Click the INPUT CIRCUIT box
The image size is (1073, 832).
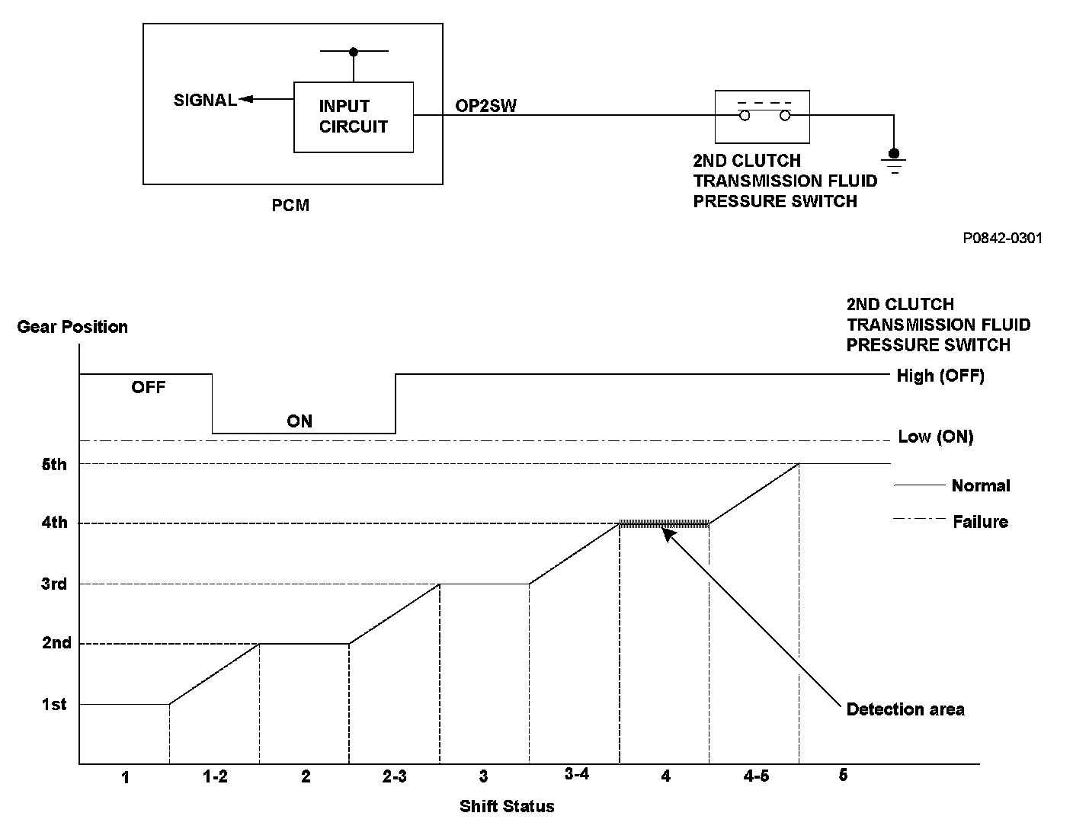[x=354, y=117]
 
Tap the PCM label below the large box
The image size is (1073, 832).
[x=290, y=206]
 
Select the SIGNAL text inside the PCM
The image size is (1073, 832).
[x=205, y=100]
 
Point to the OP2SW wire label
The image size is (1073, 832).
[x=485, y=106]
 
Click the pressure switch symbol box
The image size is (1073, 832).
[x=761, y=117]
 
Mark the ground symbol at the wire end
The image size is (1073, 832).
[x=894, y=162]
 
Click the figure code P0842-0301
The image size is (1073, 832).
[x=1002, y=238]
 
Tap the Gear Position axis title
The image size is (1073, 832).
[x=72, y=327]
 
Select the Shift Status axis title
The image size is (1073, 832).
[x=507, y=806]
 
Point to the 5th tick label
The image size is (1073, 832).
[x=54, y=464]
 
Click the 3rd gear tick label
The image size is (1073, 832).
[x=54, y=584]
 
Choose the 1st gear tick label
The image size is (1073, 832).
[x=54, y=704]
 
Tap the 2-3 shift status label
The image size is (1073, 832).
[x=394, y=776]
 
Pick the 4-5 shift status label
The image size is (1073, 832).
[x=755, y=776]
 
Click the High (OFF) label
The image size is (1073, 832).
[x=940, y=376]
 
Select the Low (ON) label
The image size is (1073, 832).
[x=935, y=437]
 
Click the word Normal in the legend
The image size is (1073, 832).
[x=981, y=485]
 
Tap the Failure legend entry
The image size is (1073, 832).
[x=980, y=522]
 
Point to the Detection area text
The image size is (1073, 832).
[x=905, y=709]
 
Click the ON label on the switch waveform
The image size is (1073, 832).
[x=299, y=421]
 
